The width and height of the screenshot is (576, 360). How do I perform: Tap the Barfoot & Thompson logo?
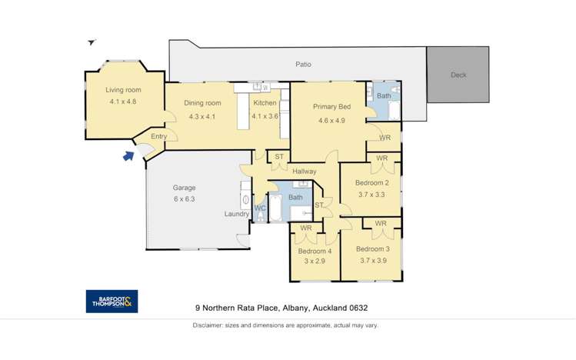point(112,302)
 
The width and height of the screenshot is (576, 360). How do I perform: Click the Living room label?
point(123,90)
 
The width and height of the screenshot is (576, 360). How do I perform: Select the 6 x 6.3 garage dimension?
point(185,198)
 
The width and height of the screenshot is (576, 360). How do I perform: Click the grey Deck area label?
point(458,75)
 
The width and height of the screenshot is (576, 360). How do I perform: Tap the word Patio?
point(303,65)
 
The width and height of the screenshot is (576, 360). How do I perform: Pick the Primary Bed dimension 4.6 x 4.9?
point(328,120)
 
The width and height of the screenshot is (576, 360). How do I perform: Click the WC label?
point(260,208)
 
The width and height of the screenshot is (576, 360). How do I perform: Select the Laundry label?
point(237,214)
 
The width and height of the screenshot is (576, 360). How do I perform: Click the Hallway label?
point(305,171)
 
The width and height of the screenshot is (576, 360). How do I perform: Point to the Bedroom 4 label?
point(315,251)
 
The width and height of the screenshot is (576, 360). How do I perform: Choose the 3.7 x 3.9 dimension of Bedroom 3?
point(372,261)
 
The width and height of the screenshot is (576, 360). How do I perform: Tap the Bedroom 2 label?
point(372,183)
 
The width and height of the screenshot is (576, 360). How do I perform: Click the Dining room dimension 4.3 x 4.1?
point(202,116)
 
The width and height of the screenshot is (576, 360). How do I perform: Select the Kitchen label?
point(265,103)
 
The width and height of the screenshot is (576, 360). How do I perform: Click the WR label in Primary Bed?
point(385,138)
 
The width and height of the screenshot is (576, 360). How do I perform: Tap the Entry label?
point(158,137)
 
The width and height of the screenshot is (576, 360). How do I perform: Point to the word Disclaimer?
point(210,325)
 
